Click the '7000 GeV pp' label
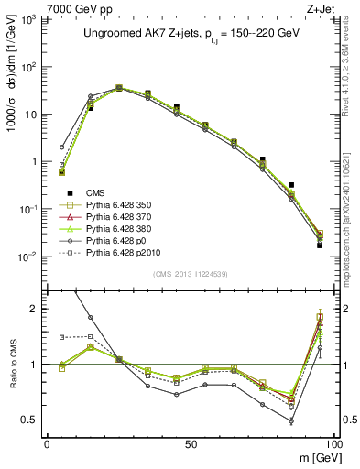(x=38, y=7)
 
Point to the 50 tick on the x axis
(x=190, y=443)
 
